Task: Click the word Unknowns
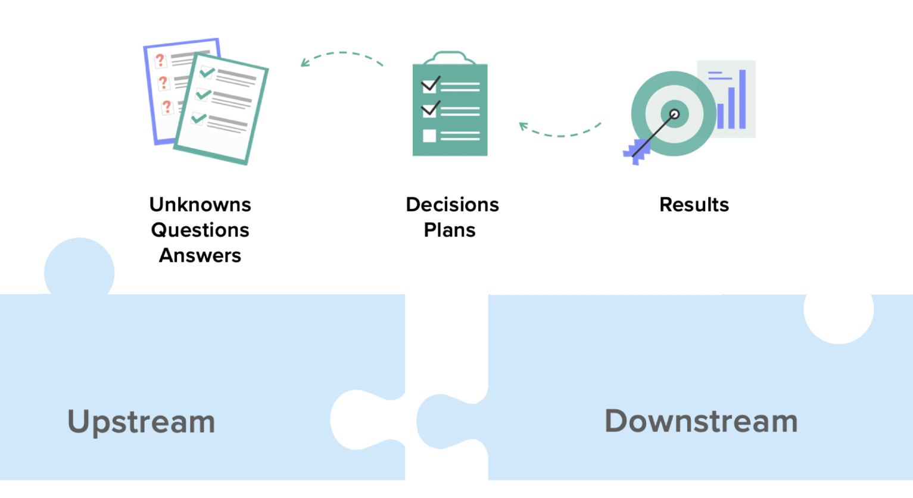click(200, 205)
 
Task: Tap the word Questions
click(200, 230)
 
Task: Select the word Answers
click(200, 256)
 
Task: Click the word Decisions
click(452, 205)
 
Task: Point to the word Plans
click(450, 230)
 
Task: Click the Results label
click(694, 205)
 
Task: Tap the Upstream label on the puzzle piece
click(141, 422)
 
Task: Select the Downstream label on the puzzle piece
click(701, 421)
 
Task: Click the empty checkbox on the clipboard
click(429, 136)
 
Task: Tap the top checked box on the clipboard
click(429, 85)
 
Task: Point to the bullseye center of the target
click(674, 114)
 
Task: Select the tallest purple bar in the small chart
click(742, 99)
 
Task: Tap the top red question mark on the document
click(160, 60)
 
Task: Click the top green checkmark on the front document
click(207, 73)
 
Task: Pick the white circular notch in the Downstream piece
click(839, 312)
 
